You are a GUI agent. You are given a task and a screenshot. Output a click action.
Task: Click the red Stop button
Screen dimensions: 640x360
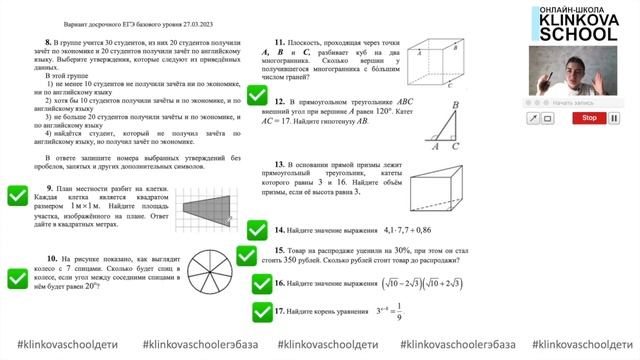point(590,118)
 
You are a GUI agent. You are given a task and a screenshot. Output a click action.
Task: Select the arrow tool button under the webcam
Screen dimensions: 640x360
point(534,118)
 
